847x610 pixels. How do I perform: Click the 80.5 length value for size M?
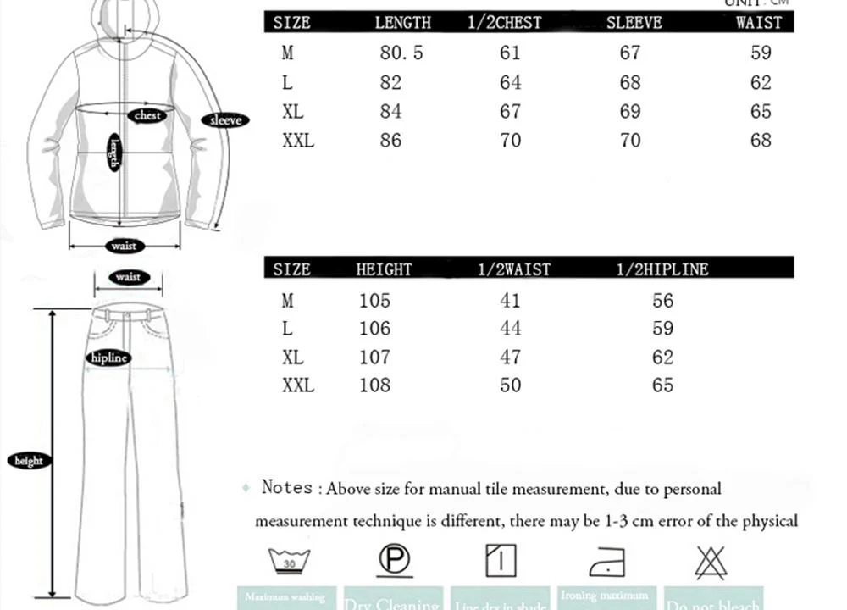pyautogui.click(x=401, y=53)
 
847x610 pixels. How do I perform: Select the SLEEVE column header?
pyautogui.click(x=634, y=23)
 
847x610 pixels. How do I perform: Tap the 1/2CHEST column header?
pyautogui.click(x=504, y=23)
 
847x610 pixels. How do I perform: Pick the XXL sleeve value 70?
pyautogui.click(x=630, y=140)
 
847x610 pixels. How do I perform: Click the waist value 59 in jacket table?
pyautogui.click(x=761, y=53)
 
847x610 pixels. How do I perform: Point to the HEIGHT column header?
pyautogui.click(x=384, y=269)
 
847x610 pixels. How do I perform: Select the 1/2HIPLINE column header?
pyautogui.click(x=662, y=269)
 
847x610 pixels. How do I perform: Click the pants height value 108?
pyautogui.click(x=374, y=385)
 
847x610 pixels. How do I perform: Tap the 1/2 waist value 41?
pyautogui.click(x=510, y=301)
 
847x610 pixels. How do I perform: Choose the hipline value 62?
pyautogui.click(x=662, y=358)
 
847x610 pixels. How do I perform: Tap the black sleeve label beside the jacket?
pyautogui.click(x=225, y=120)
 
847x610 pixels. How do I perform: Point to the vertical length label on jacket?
pyautogui.click(x=114, y=153)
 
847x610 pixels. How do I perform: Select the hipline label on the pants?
pyautogui.click(x=108, y=358)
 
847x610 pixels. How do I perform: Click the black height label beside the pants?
pyautogui.click(x=29, y=461)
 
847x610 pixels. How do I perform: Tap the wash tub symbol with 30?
pyautogui.click(x=289, y=562)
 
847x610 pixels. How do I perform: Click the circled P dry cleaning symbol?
pyautogui.click(x=393, y=560)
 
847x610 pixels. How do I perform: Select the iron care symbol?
pyautogui.click(x=606, y=562)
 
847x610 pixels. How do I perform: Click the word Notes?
pyautogui.click(x=287, y=487)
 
